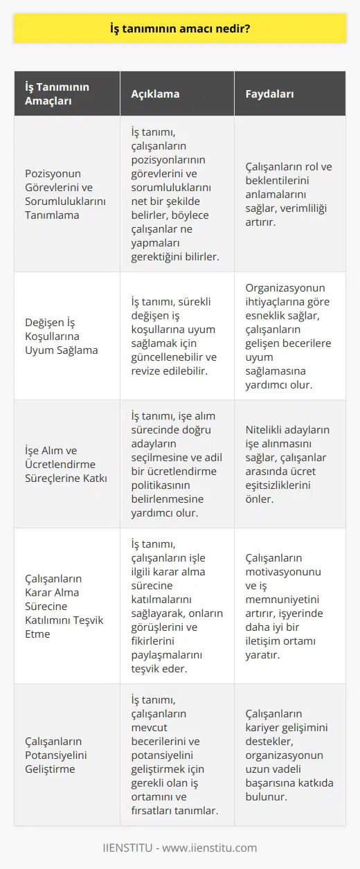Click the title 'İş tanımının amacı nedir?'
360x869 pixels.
[179, 30]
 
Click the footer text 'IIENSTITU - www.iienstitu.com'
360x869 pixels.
[179, 848]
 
